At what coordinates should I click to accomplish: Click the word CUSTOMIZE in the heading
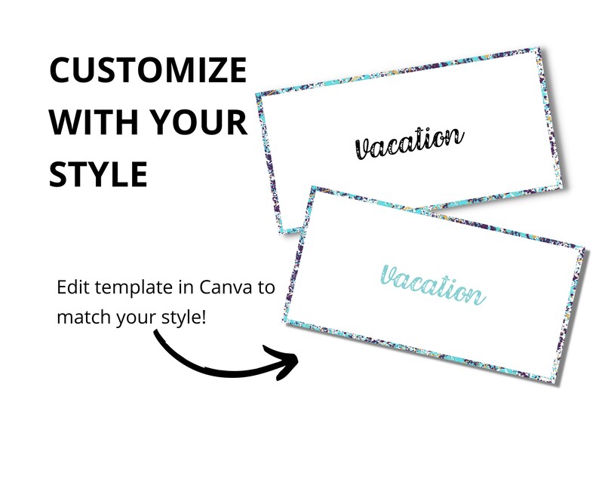(x=148, y=70)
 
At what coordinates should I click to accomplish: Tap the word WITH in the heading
(x=94, y=122)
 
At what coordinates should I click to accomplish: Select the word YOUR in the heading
(x=198, y=122)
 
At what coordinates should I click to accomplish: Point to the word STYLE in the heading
(x=98, y=173)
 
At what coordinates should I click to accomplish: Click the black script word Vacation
(x=409, y=143)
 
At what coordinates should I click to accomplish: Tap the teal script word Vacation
(x=432, y=286)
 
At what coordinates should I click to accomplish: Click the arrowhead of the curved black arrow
(x=284, y=361)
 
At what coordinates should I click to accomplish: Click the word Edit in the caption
(x=73, y=287)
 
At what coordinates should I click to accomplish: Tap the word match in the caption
(x=83, y=318)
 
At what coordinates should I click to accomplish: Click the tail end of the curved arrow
(x=156, y=333)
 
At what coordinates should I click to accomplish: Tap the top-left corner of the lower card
(x=312, y=187)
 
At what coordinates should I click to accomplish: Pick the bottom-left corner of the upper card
(x=281, y=233)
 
